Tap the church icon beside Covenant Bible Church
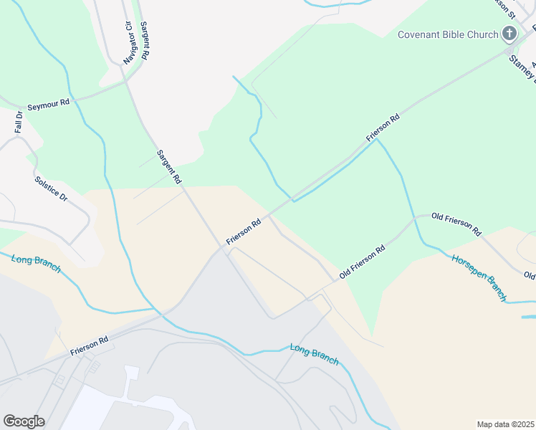tap(509, 34)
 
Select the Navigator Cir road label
tap(129, 44)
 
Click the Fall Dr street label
tap(19, 123)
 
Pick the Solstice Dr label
tap(50, 188)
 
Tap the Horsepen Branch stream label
tap(479, 277)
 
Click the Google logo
tap(24, 421)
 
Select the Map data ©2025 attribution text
tap(505, 424)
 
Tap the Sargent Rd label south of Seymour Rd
tap(169, 166)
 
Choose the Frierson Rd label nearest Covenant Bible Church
tap(382, 127)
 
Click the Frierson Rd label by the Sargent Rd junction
tap(244, 232)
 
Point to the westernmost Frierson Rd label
tap(89, 347)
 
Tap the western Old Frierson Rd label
tap(363, 261)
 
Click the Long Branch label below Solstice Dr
tap(36, 263)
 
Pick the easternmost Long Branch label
tap(314, 354)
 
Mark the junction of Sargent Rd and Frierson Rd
tap(219, 249)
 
